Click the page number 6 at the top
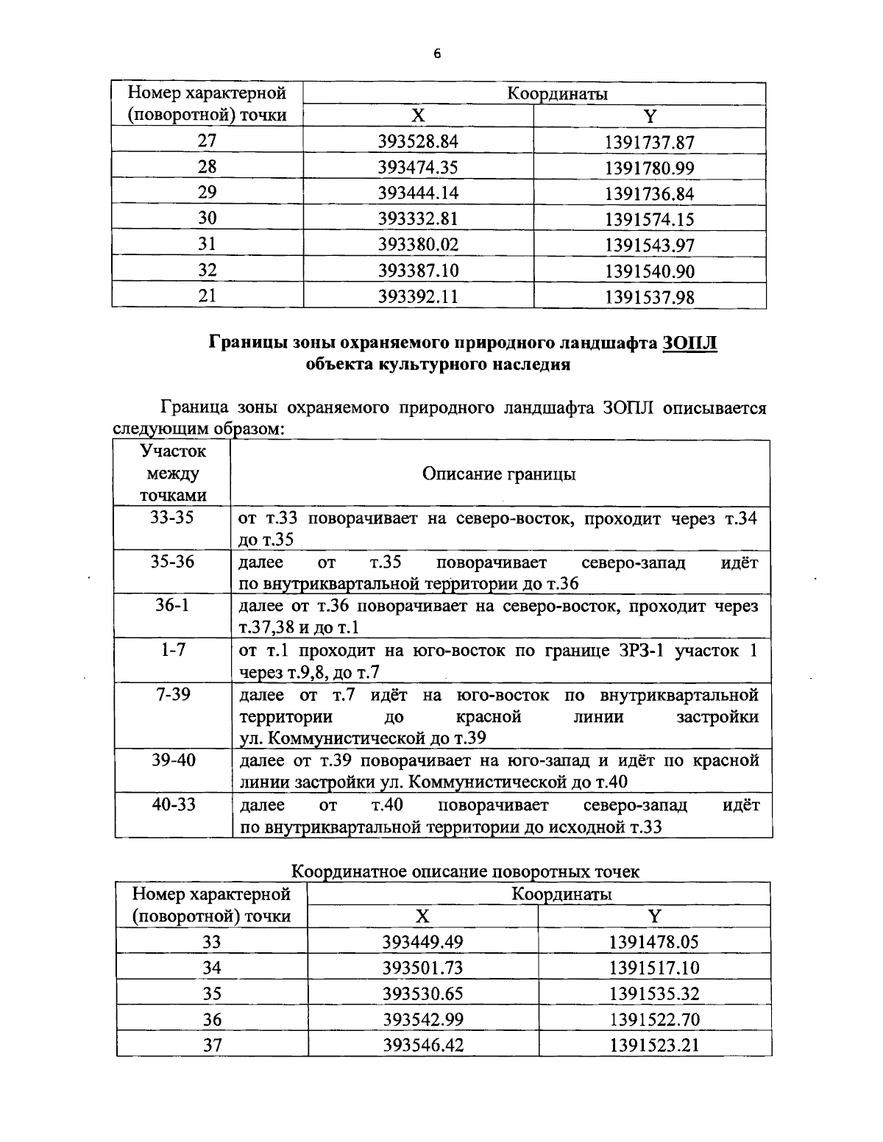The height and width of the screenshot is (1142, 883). coord(437,54)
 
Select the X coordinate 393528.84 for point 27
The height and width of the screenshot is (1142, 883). coord(417,142)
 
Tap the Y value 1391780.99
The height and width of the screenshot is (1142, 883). coord(650,168)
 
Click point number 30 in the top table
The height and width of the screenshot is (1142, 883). coord(208,218)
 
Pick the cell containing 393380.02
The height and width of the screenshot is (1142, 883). coord(417,245)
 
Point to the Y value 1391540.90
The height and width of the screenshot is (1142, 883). coord(650,271)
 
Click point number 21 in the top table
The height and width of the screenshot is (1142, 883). coord(208,296)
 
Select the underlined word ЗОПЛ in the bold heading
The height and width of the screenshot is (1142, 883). coord(689,343)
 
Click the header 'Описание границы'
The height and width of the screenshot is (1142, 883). coord(499,474)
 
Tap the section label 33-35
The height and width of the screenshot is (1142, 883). coord(172,518)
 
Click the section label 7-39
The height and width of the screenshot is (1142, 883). coord(172,694)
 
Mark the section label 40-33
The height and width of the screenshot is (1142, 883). coord(172,804)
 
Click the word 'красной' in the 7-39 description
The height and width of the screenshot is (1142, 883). coord(488,716)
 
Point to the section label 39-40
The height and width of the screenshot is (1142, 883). coord(172,760)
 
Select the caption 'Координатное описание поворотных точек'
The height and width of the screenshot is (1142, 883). coord(466,871)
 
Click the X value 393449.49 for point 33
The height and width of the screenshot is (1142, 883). coord(422,942)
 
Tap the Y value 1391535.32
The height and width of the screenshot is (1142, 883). coord(654,994)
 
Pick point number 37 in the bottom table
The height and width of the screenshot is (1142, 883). coord(212,1045)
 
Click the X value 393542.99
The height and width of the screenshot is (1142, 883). coord(422,1020)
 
